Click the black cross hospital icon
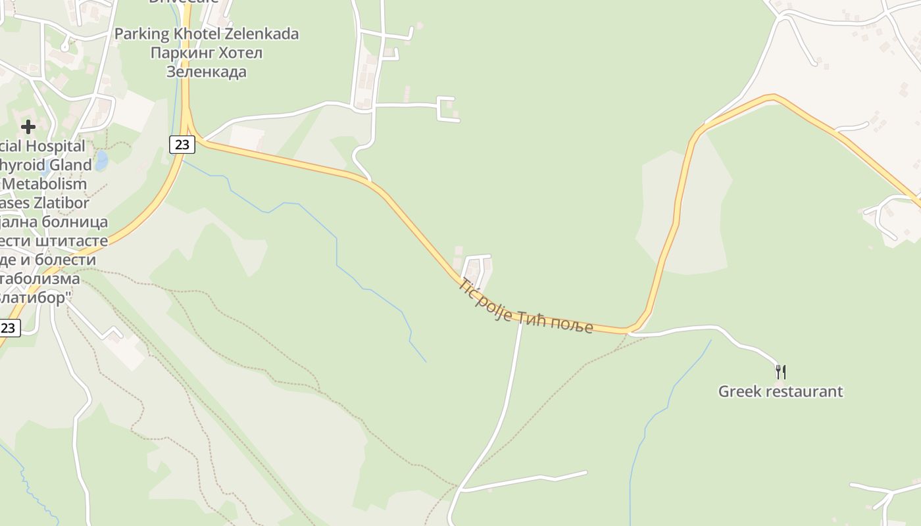pyautogui.click(x=28, y=126)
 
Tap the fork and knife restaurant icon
pyautogui.click(x=781, y=372)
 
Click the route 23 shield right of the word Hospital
pyautogui.click(x=182, y=145)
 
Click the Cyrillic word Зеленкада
pyautogui.click(x=207, y=72)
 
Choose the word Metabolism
pyautogui.click(x=50, y=184)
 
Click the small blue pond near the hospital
pyautogui.click(x=101, y=160)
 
